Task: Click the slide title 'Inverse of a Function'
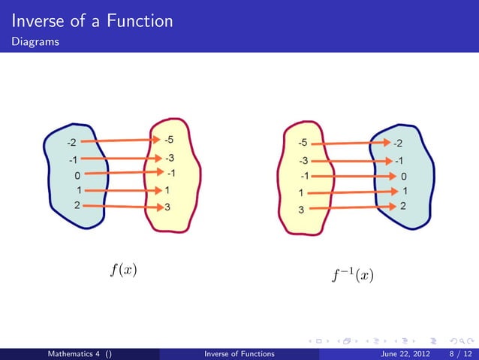coord(92,20)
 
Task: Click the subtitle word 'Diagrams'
coord(35,43)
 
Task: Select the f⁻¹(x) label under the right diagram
coord(352,275)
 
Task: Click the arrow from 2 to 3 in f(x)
coord(120,205)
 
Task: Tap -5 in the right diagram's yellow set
coord(303,142)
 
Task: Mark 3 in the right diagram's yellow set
coord(302,210)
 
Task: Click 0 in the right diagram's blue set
coord(404,177)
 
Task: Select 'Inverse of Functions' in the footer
coord(239,353)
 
